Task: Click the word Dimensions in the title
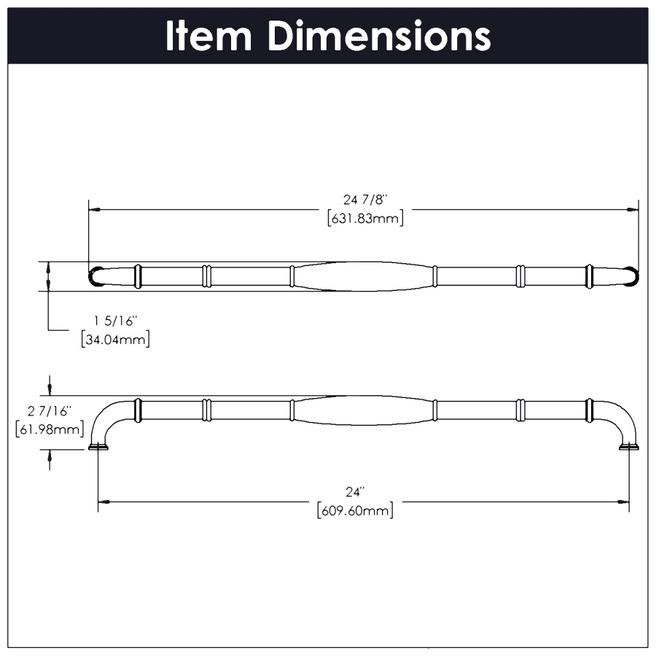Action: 378,36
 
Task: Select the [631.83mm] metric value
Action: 365,218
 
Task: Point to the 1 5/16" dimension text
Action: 115,321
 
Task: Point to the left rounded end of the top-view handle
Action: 95,276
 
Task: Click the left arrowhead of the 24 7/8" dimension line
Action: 94,210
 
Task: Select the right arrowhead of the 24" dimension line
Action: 623,501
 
